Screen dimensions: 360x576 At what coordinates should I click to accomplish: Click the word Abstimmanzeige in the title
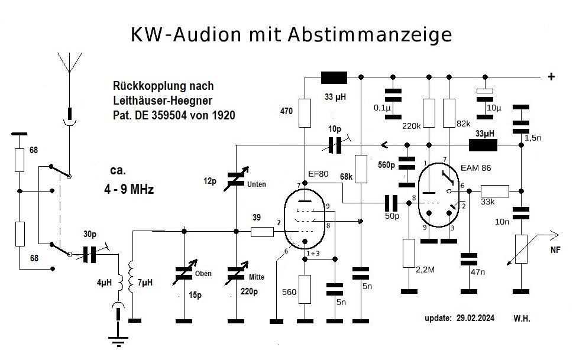[370, 34]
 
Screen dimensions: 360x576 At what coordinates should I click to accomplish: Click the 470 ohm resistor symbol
[305, 113]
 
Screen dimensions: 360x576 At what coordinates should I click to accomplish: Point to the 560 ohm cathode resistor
[305, 289]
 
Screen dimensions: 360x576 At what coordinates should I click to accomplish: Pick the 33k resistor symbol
[494, 191]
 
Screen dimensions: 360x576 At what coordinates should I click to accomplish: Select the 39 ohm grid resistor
[262, 232]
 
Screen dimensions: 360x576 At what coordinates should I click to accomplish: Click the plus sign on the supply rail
[551, 76]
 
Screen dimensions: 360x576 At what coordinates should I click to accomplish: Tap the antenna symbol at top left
[70, 62]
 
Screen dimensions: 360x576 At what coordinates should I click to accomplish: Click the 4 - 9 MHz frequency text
[129, 191]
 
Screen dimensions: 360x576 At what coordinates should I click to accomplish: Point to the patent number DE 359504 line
[173, 115]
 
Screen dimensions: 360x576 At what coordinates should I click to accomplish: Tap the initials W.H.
[521, 318]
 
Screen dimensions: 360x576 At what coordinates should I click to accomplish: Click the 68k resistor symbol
[361, 167]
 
